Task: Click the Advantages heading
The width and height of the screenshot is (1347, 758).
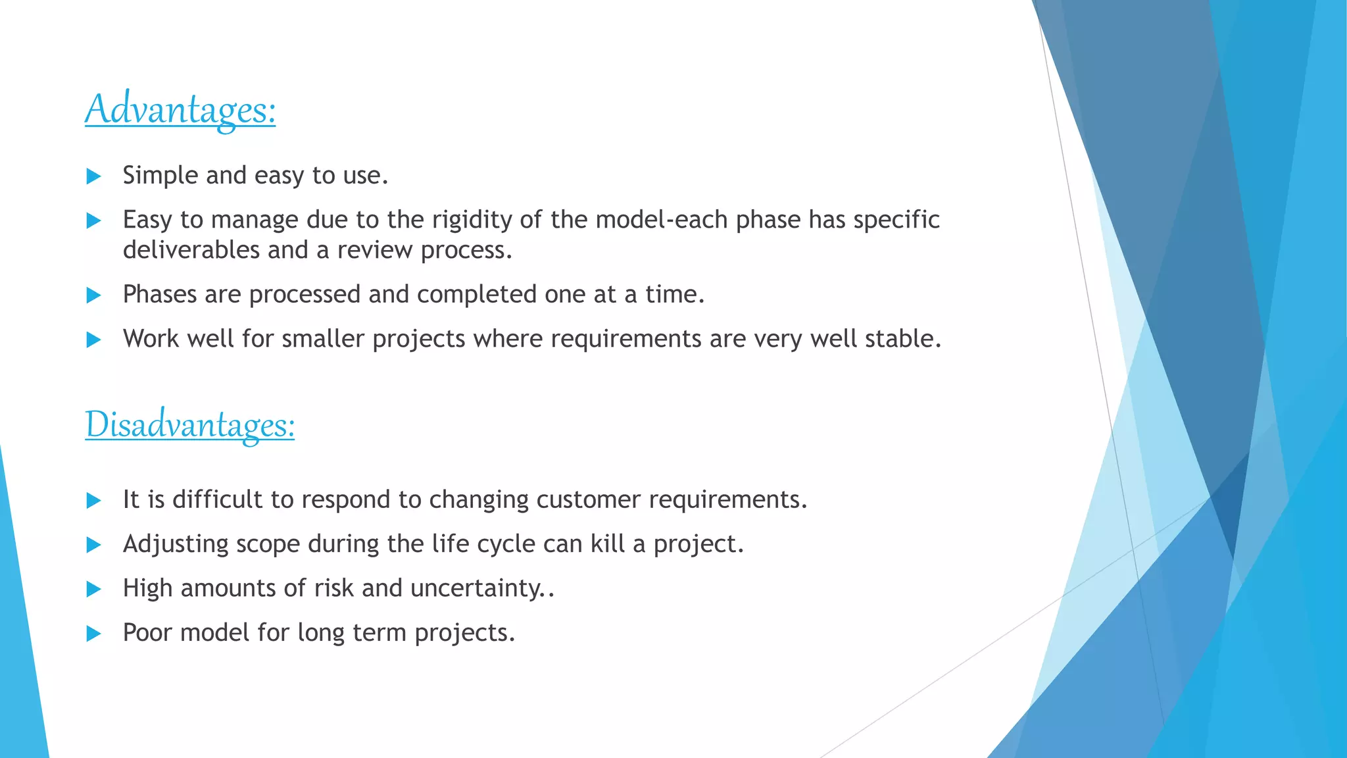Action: coord(180,109)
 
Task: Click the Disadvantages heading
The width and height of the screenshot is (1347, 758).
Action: coord(189,424)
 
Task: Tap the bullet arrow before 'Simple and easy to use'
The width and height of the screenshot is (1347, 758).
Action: coord(94,176)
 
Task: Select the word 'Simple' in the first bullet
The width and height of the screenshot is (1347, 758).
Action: coord(160,176)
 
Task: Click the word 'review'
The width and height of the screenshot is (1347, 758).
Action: coord(375,250)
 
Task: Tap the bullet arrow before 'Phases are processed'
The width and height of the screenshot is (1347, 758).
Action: coord(94,295)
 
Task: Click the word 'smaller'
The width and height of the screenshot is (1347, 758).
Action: coord(323,339)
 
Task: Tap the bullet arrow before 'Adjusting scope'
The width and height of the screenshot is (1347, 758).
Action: coord(94,545)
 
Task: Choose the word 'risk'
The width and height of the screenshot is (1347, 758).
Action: coord(334,588)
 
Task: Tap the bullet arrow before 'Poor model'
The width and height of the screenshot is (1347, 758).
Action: coord(94,634)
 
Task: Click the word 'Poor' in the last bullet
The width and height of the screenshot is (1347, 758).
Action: coord(147,632)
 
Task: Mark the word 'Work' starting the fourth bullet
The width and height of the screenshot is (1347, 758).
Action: coord(151,339)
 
